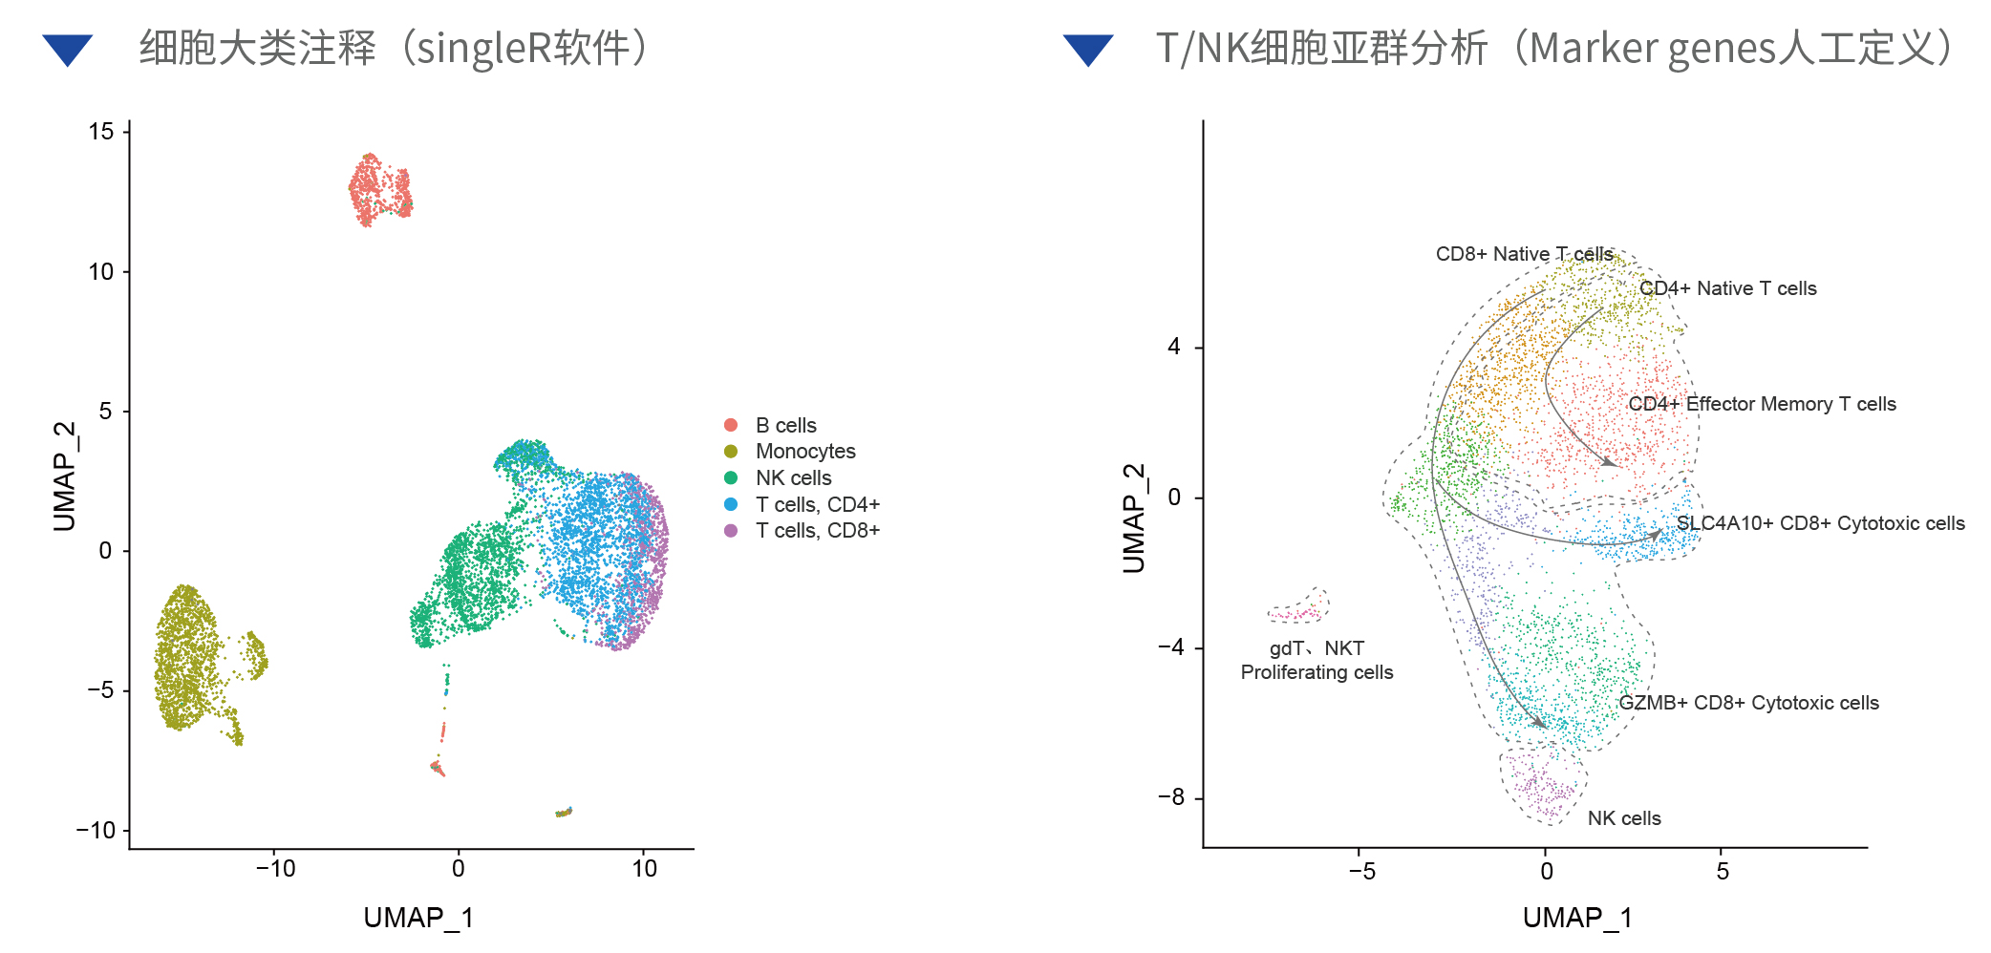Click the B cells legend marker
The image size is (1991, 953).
pos(731,425)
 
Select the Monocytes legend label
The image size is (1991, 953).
pos(805,452)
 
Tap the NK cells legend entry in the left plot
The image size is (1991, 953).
pos(793,478)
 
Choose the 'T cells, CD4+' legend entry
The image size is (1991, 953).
pos(817,504)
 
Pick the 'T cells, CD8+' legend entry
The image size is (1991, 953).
pos(817,531)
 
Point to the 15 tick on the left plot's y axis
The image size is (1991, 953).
pos(101,132)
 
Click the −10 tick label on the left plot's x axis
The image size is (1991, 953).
pos(275,869)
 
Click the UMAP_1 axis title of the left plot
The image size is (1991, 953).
pos(418,918)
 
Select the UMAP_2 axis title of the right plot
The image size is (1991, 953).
pos(1133,519)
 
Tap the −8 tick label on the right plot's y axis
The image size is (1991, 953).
pos(1171,797)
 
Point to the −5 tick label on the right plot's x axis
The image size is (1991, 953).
pos(1361,871)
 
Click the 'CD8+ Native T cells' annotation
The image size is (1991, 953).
pos(1524,254)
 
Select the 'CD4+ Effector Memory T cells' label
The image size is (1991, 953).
pos(1762,404)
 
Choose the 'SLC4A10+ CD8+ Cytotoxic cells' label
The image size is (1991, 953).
pos(1820,523)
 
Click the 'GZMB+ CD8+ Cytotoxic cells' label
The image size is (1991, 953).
pos(1748,703)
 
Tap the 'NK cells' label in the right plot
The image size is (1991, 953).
pos(1624,818)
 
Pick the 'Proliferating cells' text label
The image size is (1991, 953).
pos(1317,672)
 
